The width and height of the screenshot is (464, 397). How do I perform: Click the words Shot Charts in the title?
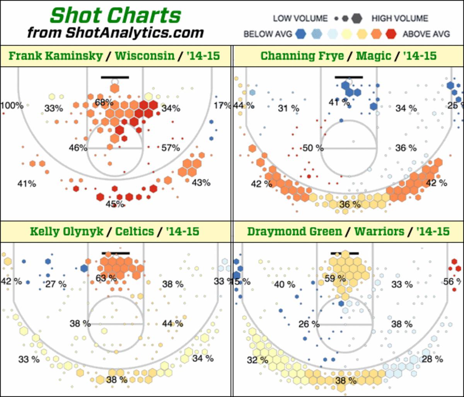[x=116, y=15]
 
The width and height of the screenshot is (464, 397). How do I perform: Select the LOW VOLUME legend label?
[x=300, y=18]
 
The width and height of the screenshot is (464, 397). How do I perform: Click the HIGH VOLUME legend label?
[x=400, y=18]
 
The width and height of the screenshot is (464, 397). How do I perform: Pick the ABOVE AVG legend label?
[x=426, y=34]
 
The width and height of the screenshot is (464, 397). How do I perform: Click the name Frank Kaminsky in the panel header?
[x=55, y=56]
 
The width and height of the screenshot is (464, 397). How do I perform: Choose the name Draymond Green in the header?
[x=295, y=232]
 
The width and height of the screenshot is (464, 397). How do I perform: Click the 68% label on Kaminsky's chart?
[x=104, y=103]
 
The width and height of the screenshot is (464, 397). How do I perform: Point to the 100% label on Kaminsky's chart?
[x=12, y=105]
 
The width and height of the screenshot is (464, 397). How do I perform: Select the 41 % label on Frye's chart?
[x=339, y=103]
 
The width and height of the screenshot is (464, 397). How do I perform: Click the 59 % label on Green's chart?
[x=335, y=278]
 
